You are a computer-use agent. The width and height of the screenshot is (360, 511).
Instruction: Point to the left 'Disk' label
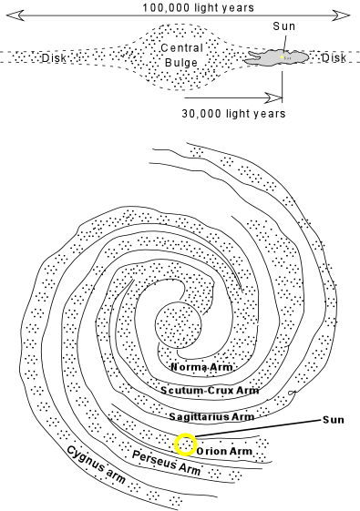[x=55, y=60]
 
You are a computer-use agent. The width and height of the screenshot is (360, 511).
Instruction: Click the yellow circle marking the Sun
[x=185, y=445]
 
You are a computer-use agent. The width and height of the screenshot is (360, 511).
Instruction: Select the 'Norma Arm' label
[x=201, y=367]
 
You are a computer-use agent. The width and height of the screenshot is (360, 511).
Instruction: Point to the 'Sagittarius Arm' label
[x=211, y=415]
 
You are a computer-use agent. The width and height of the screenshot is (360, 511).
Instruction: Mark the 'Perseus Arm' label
[x=166, y=465]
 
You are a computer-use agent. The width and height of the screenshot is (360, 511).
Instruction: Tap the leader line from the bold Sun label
[x=264, y=428]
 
